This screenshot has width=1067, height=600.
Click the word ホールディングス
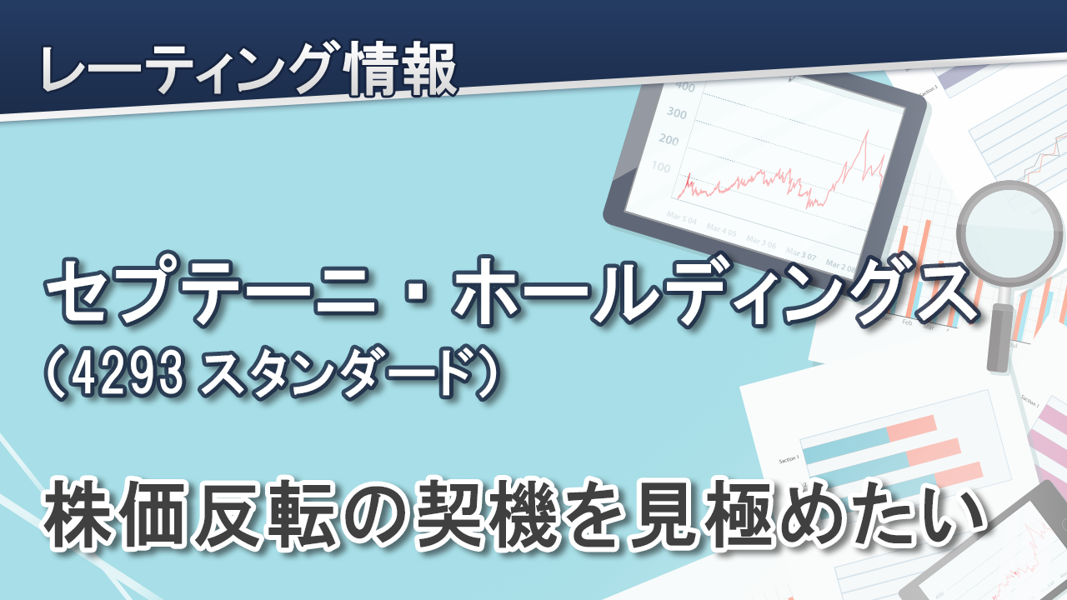pos(715,292)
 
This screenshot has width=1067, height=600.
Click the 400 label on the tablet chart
pos(686,87)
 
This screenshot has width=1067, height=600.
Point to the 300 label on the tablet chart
pos(677,112)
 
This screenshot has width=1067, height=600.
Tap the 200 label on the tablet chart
pos(669,139)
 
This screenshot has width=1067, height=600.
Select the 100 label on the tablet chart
pos(661,167)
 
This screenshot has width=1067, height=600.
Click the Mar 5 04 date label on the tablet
pos(682,218)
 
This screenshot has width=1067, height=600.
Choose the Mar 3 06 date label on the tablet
pos(761,242)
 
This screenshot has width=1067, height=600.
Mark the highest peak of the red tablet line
pos(866,131)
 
